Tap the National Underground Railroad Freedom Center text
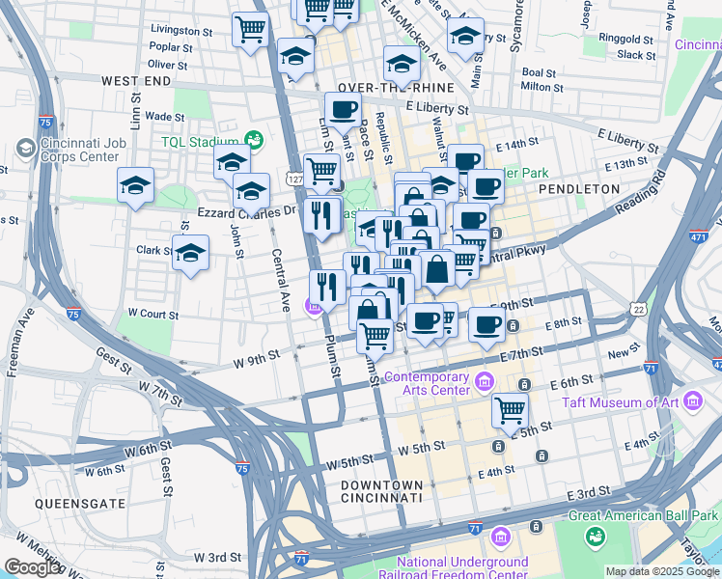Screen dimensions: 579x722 tap(463, 568)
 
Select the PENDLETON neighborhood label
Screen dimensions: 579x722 tap(579, 189)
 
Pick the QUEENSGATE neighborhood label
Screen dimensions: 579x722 tap(67, 504)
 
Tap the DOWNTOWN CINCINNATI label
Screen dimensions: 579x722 tap(382, 491)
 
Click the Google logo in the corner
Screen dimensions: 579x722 tap(32, 566)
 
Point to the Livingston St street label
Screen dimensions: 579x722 tap(180, 31)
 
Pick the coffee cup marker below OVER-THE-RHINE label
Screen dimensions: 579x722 tap(342, 109)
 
